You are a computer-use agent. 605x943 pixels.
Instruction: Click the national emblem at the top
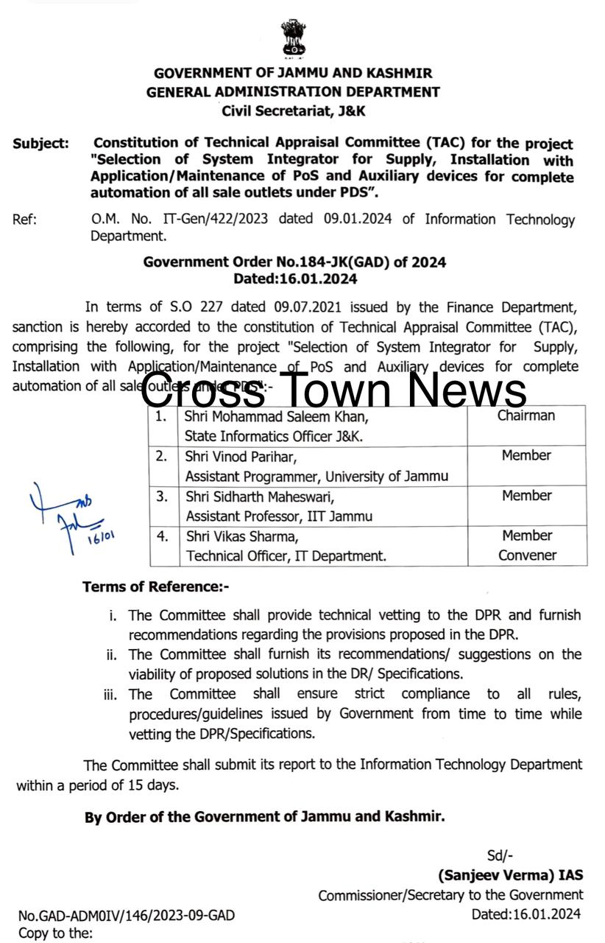(293, 39)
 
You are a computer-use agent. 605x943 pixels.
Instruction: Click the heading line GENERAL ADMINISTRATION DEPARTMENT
(293, 92)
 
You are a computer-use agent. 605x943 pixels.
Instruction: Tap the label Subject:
(41, 144)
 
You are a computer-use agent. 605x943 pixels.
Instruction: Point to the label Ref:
(24, 220)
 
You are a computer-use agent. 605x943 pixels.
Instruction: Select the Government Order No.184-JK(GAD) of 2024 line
(294, 262)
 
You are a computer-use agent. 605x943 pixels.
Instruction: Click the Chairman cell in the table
(526, 416)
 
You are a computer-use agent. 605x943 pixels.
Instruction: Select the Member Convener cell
(527, 545)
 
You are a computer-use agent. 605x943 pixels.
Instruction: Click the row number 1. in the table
(161, 416)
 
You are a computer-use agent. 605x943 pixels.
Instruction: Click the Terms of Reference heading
(156, 586)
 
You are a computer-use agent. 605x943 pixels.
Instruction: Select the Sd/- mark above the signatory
(500, 855)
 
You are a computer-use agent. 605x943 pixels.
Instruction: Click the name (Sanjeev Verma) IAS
(511, 875)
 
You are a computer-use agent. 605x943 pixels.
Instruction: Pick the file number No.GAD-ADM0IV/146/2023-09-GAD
(127, 916)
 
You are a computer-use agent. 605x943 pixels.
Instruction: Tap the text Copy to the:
(56, 933)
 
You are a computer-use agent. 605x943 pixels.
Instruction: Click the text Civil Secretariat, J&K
(294, 111)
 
